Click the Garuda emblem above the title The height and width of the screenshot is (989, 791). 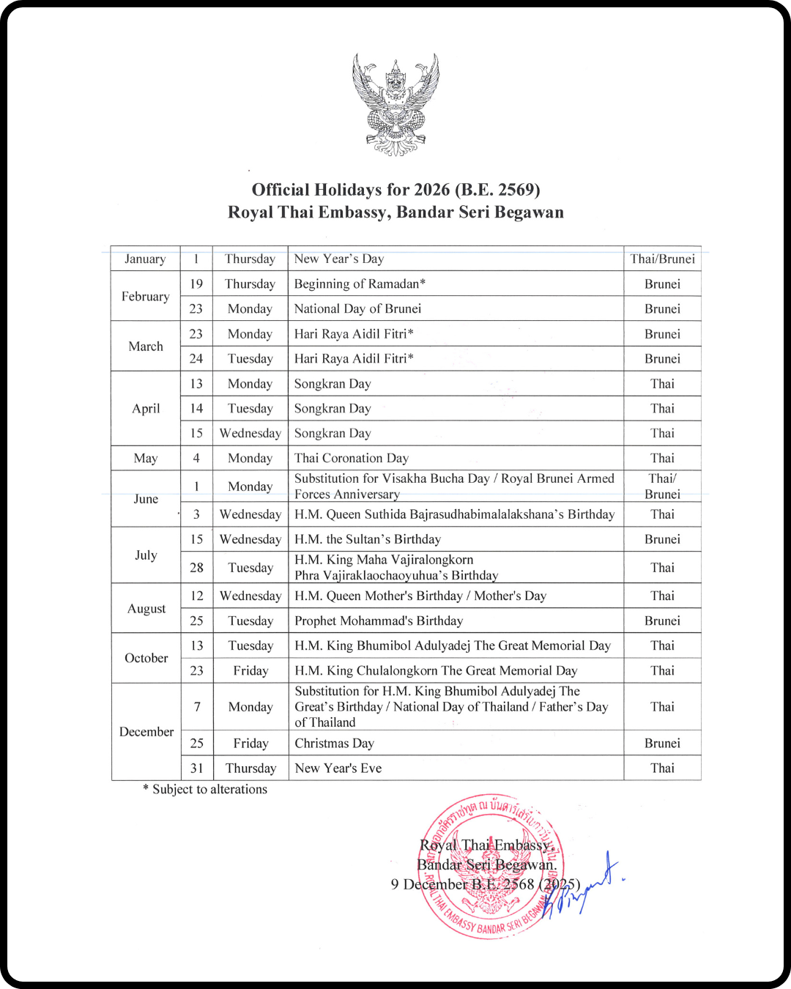click(x=395, y=105)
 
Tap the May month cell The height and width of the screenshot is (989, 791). click(x=146, y=459)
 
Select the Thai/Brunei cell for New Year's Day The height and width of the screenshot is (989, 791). click(x=662, y=259)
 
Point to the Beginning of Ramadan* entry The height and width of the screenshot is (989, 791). click(x=360, y=284)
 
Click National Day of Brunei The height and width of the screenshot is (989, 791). click(x=357, y=309)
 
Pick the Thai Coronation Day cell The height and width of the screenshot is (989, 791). click(x=352, y=459)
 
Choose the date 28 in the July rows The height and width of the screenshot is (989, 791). click(x=196, y=568)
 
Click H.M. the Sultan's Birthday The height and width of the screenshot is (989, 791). click(x=368, y=540)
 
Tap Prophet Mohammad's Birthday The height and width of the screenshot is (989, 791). click(x=379, y=621)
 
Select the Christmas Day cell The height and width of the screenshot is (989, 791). click(x=334, y=744)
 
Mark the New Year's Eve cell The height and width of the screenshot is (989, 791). click(x=338, y=768)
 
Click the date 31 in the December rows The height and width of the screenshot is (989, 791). click(x=196, y=768)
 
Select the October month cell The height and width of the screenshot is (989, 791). click(x=146, y=659)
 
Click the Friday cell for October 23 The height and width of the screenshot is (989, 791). click(x=250, y=671)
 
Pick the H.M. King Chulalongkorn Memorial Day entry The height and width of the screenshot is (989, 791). click(x=436, y=671)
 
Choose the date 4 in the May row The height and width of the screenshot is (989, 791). click(x=196, y=459)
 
